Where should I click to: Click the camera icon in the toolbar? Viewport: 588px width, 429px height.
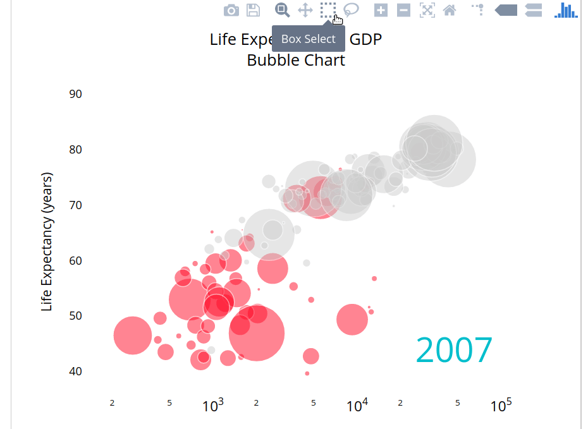pyautogui.click(x=231, y=10)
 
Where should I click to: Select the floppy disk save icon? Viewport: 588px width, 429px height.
pyautogui.click(x=253, y=10)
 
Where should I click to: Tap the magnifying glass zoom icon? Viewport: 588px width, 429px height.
pyautogui.click(x=282, y=10)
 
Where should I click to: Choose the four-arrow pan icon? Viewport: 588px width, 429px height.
pyautogui.click(x=305, y=10)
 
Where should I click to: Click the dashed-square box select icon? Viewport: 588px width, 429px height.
pyautogui.click(x=328, y=10)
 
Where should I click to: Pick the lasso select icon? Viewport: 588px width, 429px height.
pyautogui.click(x=351, y=10)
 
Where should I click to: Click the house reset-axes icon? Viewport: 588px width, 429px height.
pyautogui.click(x=450, y=10)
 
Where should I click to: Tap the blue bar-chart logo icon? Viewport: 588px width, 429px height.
pyautogui.click(x=566, y=10)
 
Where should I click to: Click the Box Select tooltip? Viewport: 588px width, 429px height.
pyautogui.click(x=309, y=39)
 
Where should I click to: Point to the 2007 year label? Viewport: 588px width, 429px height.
pyautogui.click(x=454, y=350)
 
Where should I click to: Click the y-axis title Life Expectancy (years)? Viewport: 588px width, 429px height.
pyautogui.click(x=47, y=241)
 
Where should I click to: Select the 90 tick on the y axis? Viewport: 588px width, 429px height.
pyautogui.click(x=75, y=94)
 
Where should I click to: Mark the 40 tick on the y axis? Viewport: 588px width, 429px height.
pyautogui.click(x=75, y=371)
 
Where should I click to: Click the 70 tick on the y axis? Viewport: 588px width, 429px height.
pyautogui.click(x=75, y=205)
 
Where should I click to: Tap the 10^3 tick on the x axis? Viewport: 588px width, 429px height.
pyautogui.click(x=213, y=406)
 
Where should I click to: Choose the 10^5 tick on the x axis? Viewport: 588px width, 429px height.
pyautogui.click(x=501, y=406)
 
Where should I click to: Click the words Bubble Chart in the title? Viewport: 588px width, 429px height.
pyautogui.click(x=296, y=61)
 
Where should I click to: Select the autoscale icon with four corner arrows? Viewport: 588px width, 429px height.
pyautogui.click(x=427, y=10)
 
